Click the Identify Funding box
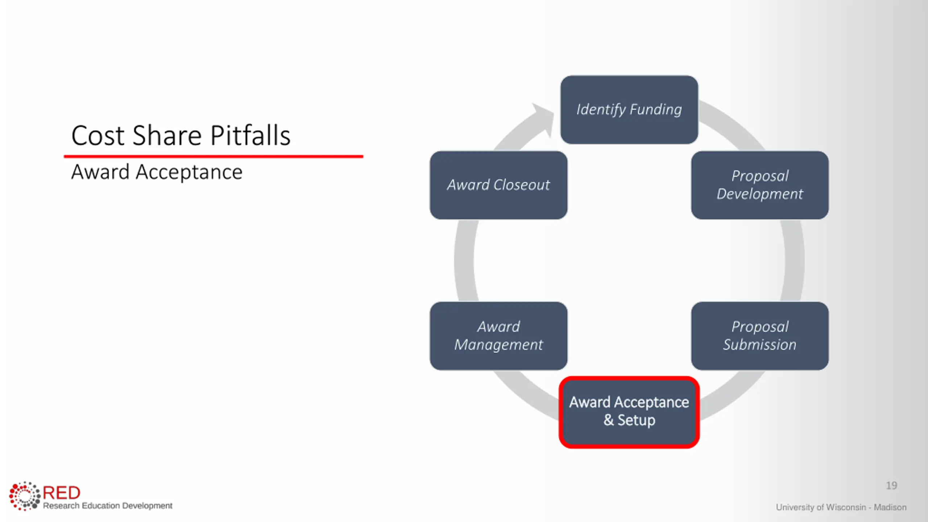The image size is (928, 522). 629,109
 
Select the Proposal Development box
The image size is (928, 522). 759,185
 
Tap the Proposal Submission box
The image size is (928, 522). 759,336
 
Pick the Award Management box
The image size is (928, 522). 498,336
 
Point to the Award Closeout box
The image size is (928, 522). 498,185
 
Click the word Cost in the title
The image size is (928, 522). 98,136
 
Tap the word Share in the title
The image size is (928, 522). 167,136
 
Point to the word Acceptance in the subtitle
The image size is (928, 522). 189,172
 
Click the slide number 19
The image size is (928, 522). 891,485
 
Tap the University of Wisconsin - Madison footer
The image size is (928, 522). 841,507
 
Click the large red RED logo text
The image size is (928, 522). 62,493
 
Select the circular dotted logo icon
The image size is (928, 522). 25,496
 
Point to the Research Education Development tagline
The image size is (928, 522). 108,506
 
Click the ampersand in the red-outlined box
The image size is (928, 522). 609,420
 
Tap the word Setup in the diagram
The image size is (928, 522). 636,420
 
